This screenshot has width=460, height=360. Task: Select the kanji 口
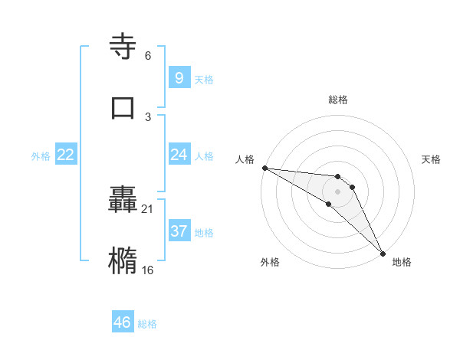point(123,107)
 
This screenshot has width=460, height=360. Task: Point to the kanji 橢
point(123,260)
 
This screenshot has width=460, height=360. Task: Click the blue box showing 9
point(178,77)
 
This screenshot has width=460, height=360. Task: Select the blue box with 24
point(179,155)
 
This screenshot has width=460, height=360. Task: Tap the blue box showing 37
point(179,231)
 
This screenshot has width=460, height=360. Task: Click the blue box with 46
point(123,322)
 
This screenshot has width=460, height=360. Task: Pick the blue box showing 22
point(65,155)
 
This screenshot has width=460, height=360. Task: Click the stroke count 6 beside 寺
point(147,56)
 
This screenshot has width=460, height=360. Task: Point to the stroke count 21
point(148,208)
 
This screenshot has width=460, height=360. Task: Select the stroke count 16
point(148,270)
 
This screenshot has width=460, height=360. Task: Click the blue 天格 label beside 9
point(204,79)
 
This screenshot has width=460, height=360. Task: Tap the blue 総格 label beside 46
point(147,324)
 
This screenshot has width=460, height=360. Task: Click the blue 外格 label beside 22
point(41,156)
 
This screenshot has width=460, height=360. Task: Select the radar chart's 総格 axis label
point(338,100)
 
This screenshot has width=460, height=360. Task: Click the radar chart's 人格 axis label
point(245,159)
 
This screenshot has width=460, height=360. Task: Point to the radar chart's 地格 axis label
point(402,262)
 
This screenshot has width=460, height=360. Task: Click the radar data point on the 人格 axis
point(264,168)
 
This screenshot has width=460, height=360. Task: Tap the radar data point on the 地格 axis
point(381,252)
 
